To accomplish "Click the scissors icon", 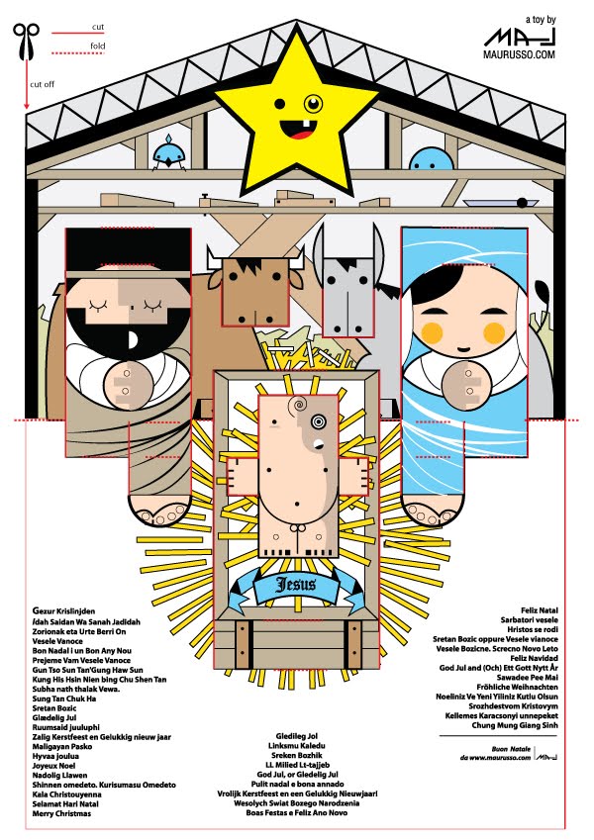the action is click(24, 39).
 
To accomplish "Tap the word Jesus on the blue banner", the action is click(296, 584).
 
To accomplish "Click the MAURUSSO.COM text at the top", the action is click(519, 55).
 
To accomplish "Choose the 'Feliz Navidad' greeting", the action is click(534, 657).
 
